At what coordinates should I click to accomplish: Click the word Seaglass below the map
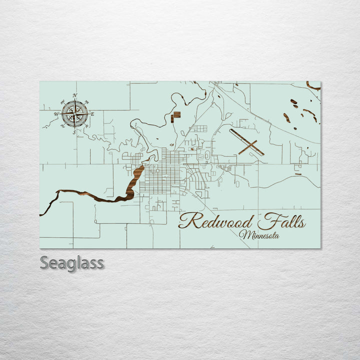[72, 263]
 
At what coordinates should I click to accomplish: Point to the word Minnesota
[259, 234]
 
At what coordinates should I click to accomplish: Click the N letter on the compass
[74, 95]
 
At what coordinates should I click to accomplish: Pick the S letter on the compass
[74, 132]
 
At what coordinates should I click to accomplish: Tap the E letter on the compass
[92, 114]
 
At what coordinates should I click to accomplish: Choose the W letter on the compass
[56, 114]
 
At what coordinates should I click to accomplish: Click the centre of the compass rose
[74, 113]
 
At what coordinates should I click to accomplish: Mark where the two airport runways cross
[250, 146]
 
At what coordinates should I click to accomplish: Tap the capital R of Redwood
[186, 220]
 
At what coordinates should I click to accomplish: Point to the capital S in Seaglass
[44, 262]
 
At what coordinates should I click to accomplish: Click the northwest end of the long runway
[231, 131]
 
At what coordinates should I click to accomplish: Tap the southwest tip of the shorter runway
[239, 153]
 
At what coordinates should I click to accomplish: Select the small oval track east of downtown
[207, 155]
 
